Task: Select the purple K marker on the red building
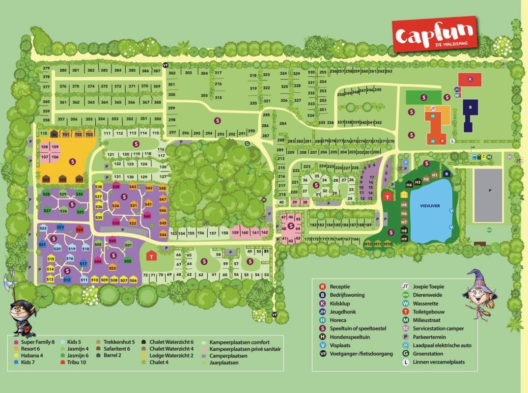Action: (470, 79)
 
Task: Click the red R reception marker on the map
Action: (443, 141)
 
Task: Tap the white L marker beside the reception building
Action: (452, 140)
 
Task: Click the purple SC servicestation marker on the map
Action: (509, 157)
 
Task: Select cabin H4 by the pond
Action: (409, 184)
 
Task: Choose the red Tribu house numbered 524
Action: (79, 229)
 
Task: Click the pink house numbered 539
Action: (116, 186)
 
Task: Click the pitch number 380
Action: (63, 70)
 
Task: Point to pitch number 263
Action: (389, 71)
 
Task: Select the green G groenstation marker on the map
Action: (247, 143)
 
